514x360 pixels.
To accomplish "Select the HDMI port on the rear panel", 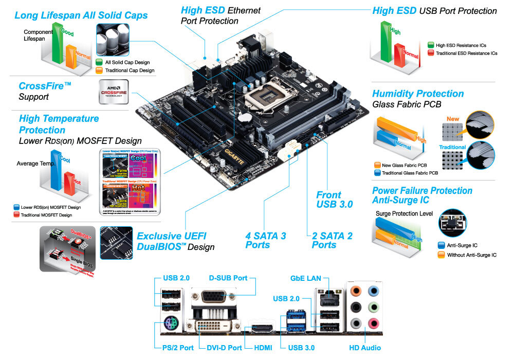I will point(263,328).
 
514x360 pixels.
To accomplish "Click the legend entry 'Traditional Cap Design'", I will point(130,70).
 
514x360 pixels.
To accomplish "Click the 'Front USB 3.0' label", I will point(334,200).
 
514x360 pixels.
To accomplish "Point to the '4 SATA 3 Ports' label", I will point(265,240).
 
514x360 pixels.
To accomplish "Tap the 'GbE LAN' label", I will point(305,278).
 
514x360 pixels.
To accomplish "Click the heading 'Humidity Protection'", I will point(417,94).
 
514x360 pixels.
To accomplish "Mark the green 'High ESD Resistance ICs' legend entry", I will point(461,45).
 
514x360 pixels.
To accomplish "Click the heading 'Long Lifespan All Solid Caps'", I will point(81,15).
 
